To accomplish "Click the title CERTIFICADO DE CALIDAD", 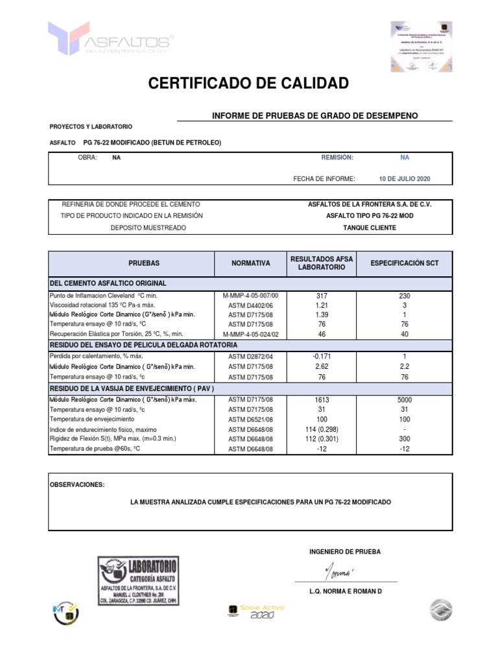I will (248, 83).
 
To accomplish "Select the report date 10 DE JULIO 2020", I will (405, 178).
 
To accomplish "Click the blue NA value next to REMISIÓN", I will (405, 157).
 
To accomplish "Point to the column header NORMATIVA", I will (250, 263).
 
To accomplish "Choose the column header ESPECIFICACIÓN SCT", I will (404, 263).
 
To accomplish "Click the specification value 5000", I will (404, 400).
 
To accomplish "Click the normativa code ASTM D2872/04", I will (250, 357).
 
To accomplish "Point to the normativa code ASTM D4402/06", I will (250, 305).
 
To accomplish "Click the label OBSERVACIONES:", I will (77, 484).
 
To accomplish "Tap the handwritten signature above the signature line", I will (337, 573).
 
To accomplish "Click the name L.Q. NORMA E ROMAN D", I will (346, 592).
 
